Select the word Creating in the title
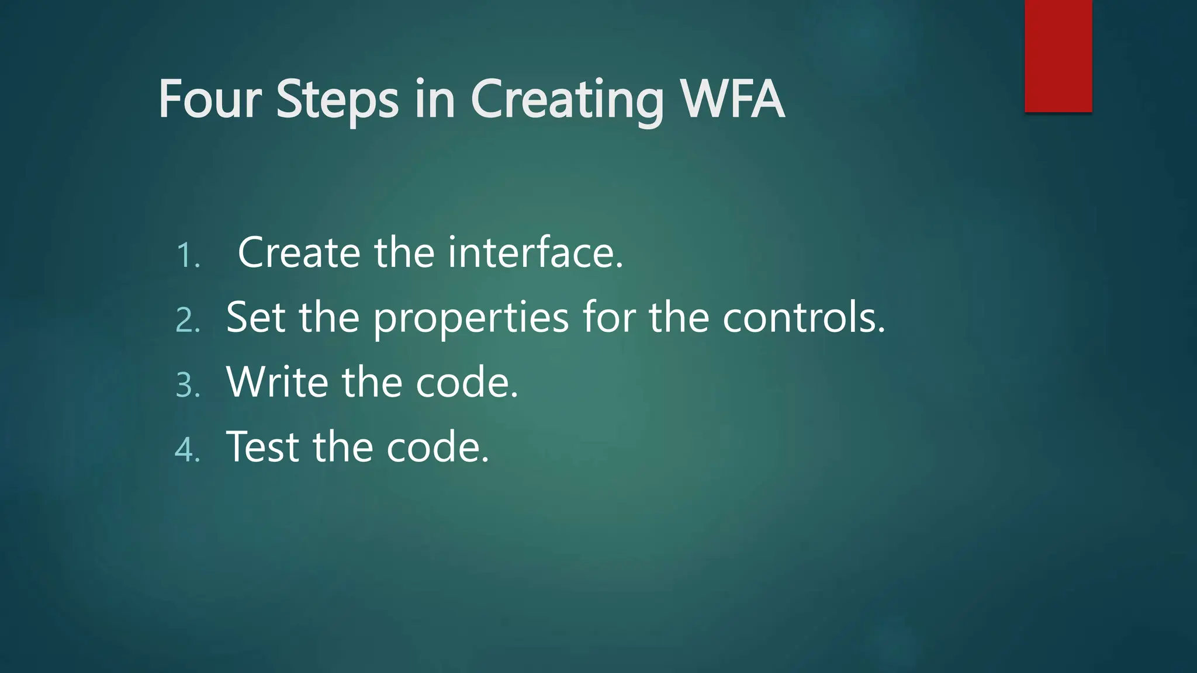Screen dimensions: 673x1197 click(567, 100)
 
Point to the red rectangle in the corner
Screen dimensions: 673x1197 click(1058, 55)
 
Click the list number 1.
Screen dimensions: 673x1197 click(187, 256)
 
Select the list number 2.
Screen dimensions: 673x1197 click(187, 321)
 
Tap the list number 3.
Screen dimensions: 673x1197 click(187, 386)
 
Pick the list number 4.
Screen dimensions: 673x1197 click(187, 450)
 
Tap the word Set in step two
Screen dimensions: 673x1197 click(255, 317)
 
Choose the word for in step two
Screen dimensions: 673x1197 click(608, 317)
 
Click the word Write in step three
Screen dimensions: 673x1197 click(277, 382)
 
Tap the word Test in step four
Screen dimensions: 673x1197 click(262, 447)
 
